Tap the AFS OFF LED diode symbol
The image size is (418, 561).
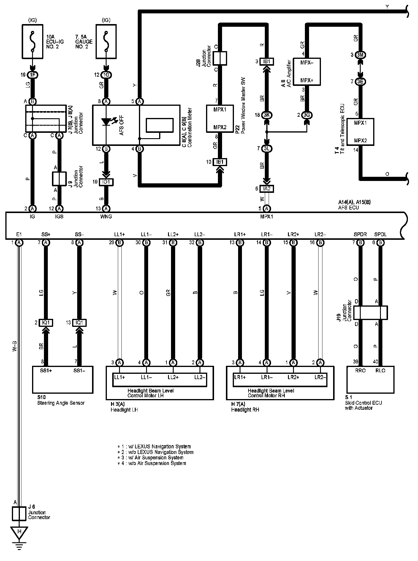point(106,122)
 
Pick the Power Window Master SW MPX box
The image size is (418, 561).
point(220,118)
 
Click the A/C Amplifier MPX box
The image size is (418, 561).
point(307,72)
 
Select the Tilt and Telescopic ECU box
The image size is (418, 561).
point(360,132)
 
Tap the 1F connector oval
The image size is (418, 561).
point(33,75)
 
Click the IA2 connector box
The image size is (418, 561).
point(267,189)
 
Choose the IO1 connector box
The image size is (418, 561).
point(106,182)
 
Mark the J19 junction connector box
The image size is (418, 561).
point(370,313)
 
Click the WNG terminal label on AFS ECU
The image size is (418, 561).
point(106,217)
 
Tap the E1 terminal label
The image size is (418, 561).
point(19,234)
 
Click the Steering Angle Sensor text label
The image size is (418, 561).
point(61,403)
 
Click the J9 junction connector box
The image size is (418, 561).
point(59,179)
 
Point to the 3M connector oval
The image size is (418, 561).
point(360,55)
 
